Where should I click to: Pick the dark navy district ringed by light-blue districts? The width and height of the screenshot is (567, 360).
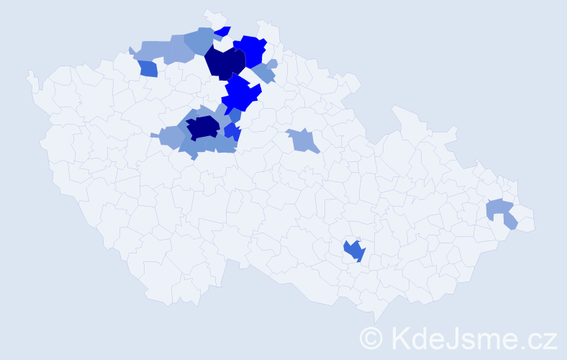point(202,127)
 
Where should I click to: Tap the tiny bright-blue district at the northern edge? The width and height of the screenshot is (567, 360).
point(223,31)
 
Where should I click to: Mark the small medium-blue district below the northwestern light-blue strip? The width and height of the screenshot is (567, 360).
point(148,68)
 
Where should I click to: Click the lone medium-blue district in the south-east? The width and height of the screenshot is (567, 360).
point(354,251)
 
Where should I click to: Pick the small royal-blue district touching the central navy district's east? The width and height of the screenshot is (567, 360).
point(232,131)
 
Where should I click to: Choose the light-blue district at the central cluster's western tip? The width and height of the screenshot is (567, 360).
point(170,136)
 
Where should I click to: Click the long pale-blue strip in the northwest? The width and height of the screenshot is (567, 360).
point(162,50)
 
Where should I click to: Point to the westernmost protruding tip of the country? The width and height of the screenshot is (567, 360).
point(30,74)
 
